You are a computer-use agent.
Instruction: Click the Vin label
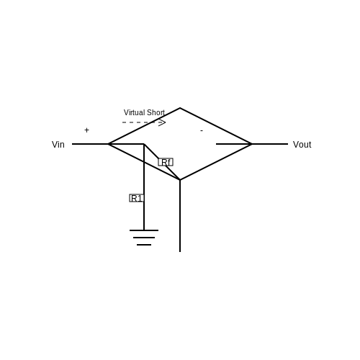58,145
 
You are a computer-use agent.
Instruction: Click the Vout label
302,145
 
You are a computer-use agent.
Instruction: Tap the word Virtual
134,112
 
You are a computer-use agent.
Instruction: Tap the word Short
156,112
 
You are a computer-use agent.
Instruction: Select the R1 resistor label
137,198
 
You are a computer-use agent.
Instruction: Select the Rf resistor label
166,162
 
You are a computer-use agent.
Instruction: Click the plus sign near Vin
86,130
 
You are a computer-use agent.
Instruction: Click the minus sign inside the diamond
202,130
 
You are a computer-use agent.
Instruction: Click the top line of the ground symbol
144,230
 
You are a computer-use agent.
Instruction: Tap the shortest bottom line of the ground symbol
144,245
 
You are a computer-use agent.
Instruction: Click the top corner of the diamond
180,108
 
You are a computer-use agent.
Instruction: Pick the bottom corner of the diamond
180,180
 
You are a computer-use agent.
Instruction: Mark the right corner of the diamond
252,144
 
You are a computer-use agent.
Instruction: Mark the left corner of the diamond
108,144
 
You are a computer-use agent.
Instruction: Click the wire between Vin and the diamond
90,144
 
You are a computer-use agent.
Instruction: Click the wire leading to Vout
270,144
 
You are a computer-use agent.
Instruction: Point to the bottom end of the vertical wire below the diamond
180,252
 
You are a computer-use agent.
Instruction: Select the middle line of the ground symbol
144,238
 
